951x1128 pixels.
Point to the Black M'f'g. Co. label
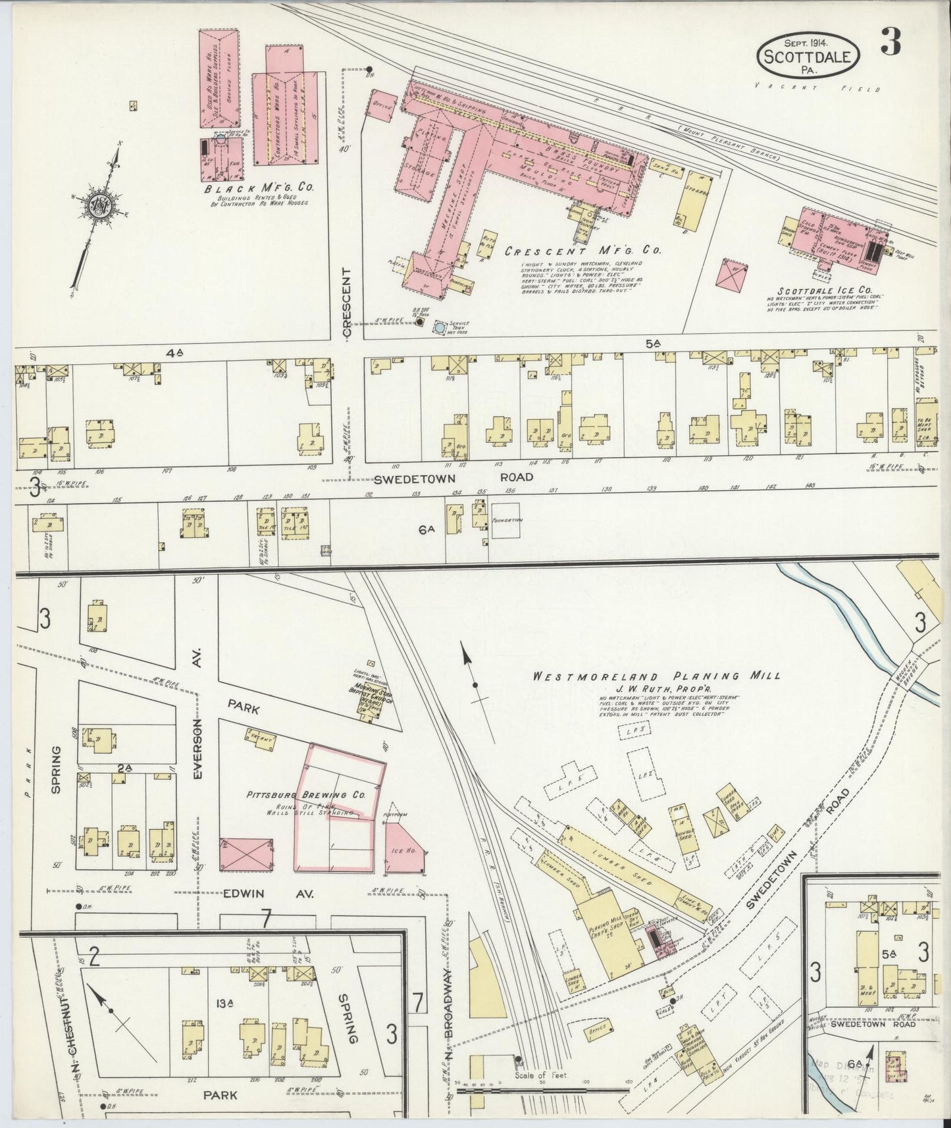pyautogui.click(x=259, y=188)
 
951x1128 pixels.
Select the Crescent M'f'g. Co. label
pyautogui.click(x=582, y=250)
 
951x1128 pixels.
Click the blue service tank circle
pyautogui.click(x=439, y=327)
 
